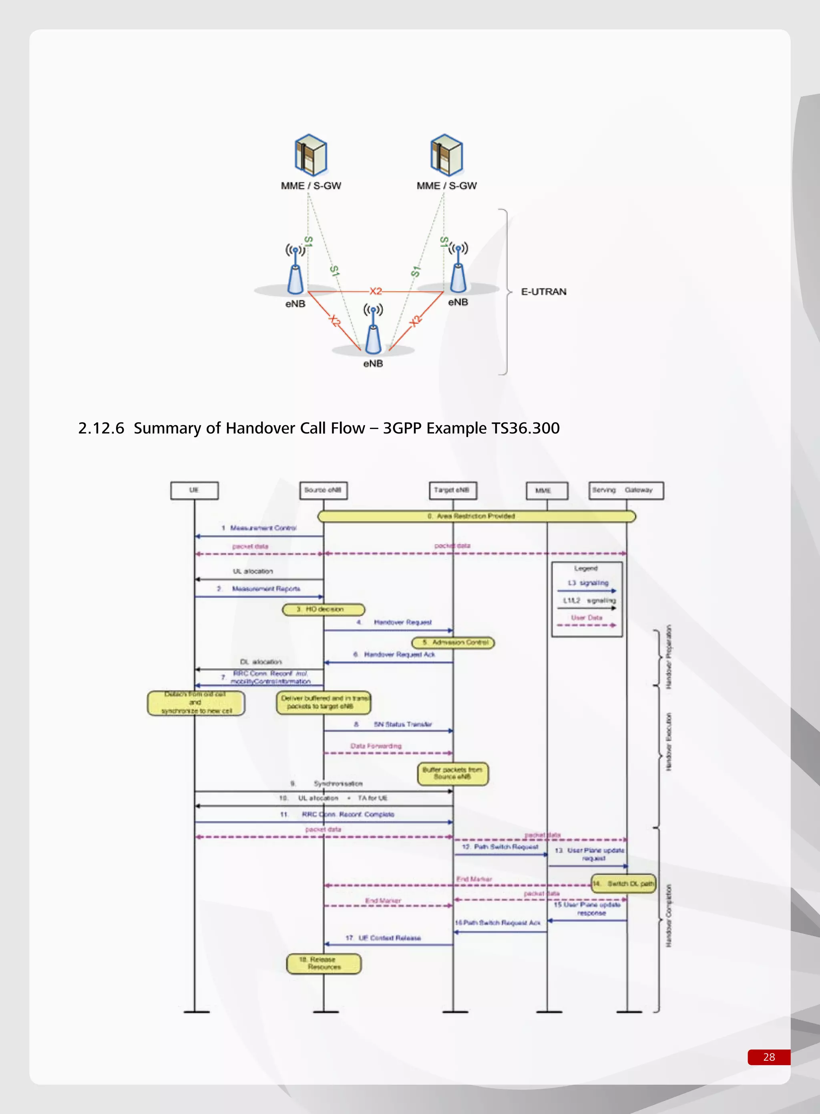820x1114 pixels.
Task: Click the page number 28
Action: click(768, 1057)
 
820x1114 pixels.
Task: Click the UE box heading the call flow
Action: click(194, 490)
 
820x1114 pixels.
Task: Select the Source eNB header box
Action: click(323, 490)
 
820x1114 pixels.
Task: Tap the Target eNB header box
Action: click(452, 490)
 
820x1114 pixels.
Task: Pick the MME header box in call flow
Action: click(547, 490)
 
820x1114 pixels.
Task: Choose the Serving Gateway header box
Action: click(625, 490)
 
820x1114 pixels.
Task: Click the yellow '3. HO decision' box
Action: click(323, 609)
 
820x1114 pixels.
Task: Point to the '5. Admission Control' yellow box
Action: click(453, 643)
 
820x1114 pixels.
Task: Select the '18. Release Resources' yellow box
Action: click(324, 963)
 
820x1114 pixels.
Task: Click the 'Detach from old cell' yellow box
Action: click(195, 703)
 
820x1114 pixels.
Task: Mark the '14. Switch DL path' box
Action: click(623, 884)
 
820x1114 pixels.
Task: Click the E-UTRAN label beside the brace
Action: click(543, 292)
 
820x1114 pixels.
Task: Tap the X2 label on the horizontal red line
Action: click(376, 291)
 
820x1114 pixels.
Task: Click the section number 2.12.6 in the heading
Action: click(101, 428)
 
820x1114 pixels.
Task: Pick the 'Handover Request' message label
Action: click(402, 622)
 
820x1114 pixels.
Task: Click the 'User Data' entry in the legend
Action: click(586, 618)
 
